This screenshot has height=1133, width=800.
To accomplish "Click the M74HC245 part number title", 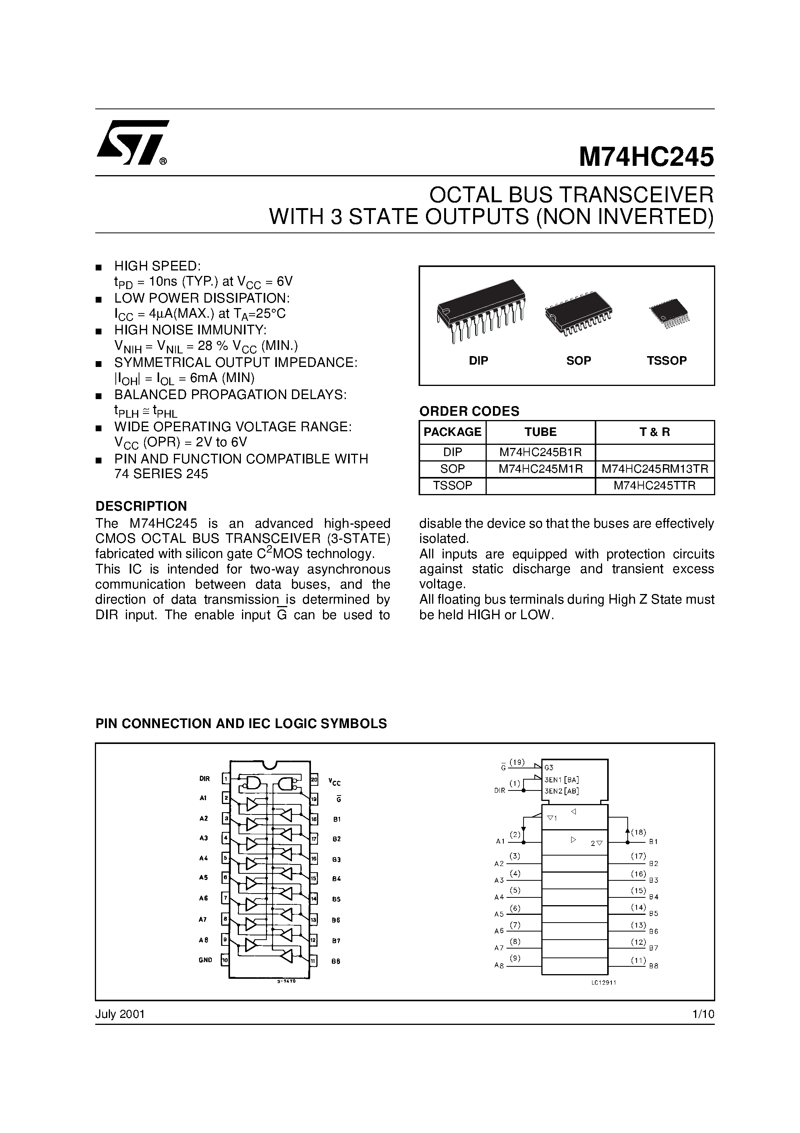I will click(646, 157).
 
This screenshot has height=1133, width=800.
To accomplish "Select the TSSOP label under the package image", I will click(666, 360).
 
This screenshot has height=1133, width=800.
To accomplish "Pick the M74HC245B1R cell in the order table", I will click(540, 452).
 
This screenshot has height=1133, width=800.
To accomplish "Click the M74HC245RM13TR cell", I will click(654, 469).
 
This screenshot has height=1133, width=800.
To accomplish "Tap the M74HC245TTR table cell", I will click(654, 486).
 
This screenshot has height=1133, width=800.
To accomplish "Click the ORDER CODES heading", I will click(469, 411).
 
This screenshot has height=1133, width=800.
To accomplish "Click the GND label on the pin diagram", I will click(205, 960).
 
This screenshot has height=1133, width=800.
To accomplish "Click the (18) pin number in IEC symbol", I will click(638, 832).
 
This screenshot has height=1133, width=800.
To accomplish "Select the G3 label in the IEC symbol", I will click(549, 767).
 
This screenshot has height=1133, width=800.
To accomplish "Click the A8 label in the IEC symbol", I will click(499, 966).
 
